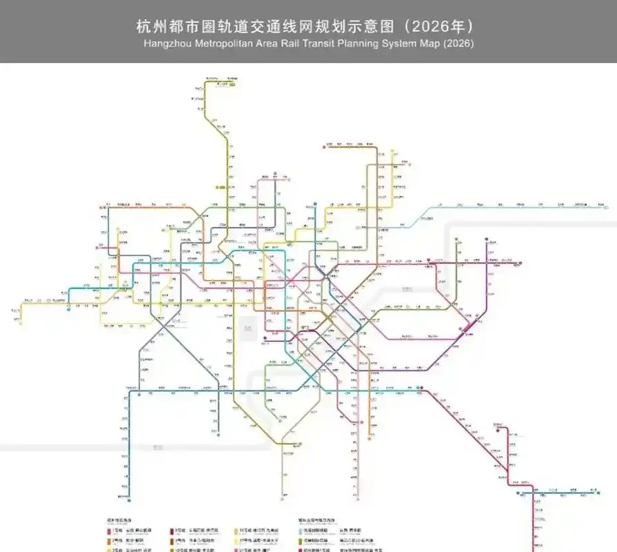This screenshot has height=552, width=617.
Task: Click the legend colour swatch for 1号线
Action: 109,531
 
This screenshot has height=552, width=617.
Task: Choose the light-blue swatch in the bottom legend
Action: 301,531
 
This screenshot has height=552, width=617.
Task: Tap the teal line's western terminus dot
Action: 69,308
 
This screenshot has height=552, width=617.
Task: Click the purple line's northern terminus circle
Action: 488,240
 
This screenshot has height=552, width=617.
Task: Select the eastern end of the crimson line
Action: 520,262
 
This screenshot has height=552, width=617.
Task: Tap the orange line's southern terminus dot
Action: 373,437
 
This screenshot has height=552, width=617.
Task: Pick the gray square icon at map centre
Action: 265,337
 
